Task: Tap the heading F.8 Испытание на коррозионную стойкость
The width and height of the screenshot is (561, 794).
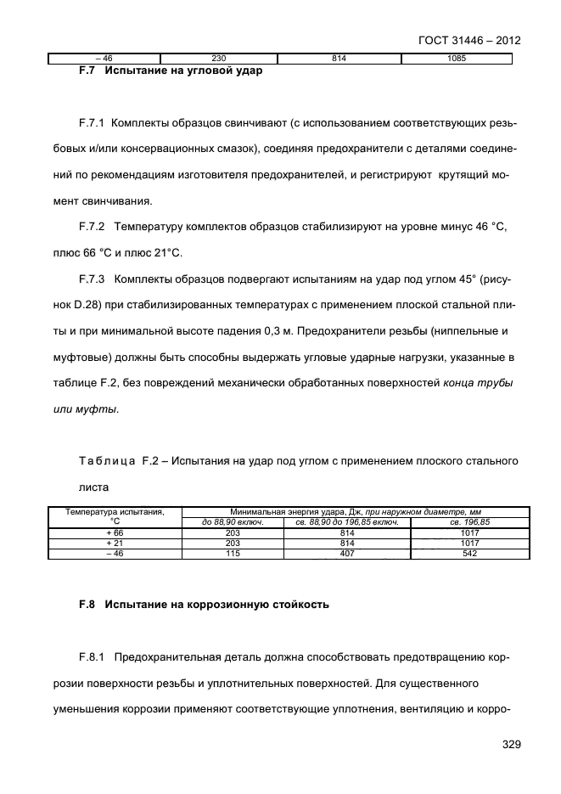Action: point(199,606)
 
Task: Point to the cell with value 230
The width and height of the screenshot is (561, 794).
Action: point(219,59)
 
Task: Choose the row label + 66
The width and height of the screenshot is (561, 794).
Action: point(115,532)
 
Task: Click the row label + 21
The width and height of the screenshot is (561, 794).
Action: point(115,543)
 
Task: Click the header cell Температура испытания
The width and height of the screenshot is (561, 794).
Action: point(115,512)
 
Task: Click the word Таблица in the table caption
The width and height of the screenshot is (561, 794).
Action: point(102,460)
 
